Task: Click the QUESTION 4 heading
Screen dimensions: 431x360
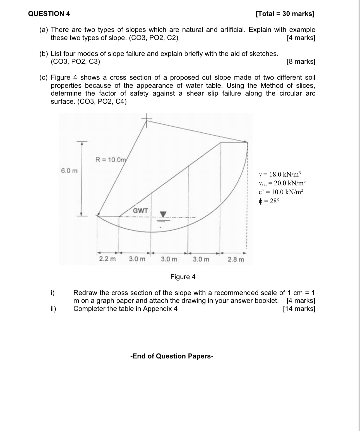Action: click(x=49, y=14)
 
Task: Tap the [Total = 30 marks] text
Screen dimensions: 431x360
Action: click(x=285, y=14)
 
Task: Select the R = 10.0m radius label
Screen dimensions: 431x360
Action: click(x=111, y=160)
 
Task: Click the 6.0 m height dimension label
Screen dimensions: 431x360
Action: click(x=69, y=171)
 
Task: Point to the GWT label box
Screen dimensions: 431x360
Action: click(x=140, y=211)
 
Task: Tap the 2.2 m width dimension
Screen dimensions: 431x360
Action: click(x=107, y=259)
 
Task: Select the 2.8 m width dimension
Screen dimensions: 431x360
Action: click(x=236, y=259)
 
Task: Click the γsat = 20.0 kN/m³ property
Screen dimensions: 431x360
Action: click(x=282, y=183)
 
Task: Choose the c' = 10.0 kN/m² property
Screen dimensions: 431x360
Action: click(x=280, y=192)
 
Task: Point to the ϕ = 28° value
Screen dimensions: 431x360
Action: click(x=269, y=201)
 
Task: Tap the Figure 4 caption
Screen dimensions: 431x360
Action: click(x=183, y=277)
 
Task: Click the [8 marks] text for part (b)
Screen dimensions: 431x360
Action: click(x=301, y=61)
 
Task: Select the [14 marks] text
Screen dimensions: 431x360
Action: click(x=299, y=309)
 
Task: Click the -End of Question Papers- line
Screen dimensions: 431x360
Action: click(x=172, y=356)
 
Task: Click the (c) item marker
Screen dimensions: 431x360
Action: click(x=43, y=77)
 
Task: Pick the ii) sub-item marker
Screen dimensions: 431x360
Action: click(x=53, y=309)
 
